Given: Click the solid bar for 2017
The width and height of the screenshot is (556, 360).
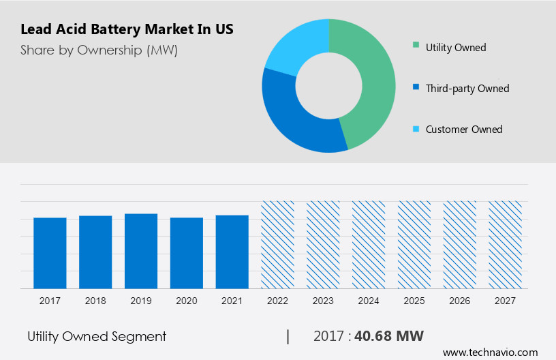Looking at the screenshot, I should click(x=50, y=253).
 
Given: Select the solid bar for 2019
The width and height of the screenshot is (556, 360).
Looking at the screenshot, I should click(x=141, y=251).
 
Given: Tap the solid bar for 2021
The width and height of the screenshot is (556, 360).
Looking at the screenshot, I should click(x=232, y=252).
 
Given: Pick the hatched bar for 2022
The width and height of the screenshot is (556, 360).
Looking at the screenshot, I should click(x=277, y=245).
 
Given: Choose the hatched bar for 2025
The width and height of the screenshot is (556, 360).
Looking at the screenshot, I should click(x=414, y=245).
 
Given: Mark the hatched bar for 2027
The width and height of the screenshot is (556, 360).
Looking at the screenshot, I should click(x=505, y=245).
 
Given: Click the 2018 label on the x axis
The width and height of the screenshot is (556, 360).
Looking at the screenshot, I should click(x=95, y=300).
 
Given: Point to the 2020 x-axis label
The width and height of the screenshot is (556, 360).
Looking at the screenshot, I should click(x=187, y=300).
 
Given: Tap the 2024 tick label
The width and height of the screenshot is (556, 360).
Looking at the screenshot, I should click(x=369, y=300).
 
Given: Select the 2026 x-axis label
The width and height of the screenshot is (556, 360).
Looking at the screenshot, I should click(x=460, y=300).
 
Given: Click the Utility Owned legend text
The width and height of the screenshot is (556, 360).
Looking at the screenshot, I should click(x=455, y=47).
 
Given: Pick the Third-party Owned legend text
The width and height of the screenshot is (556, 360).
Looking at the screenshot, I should click(x=467, y=88).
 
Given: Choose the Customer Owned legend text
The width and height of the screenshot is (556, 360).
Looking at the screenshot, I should click(x=463, y=129).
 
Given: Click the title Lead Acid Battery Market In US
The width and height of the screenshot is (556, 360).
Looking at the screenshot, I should click(x=127, y=30).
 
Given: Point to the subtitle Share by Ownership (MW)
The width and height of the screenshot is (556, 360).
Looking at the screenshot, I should click(x=99, y=50).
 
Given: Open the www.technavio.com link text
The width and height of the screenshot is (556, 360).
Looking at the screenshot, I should click(x=490, y=352).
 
